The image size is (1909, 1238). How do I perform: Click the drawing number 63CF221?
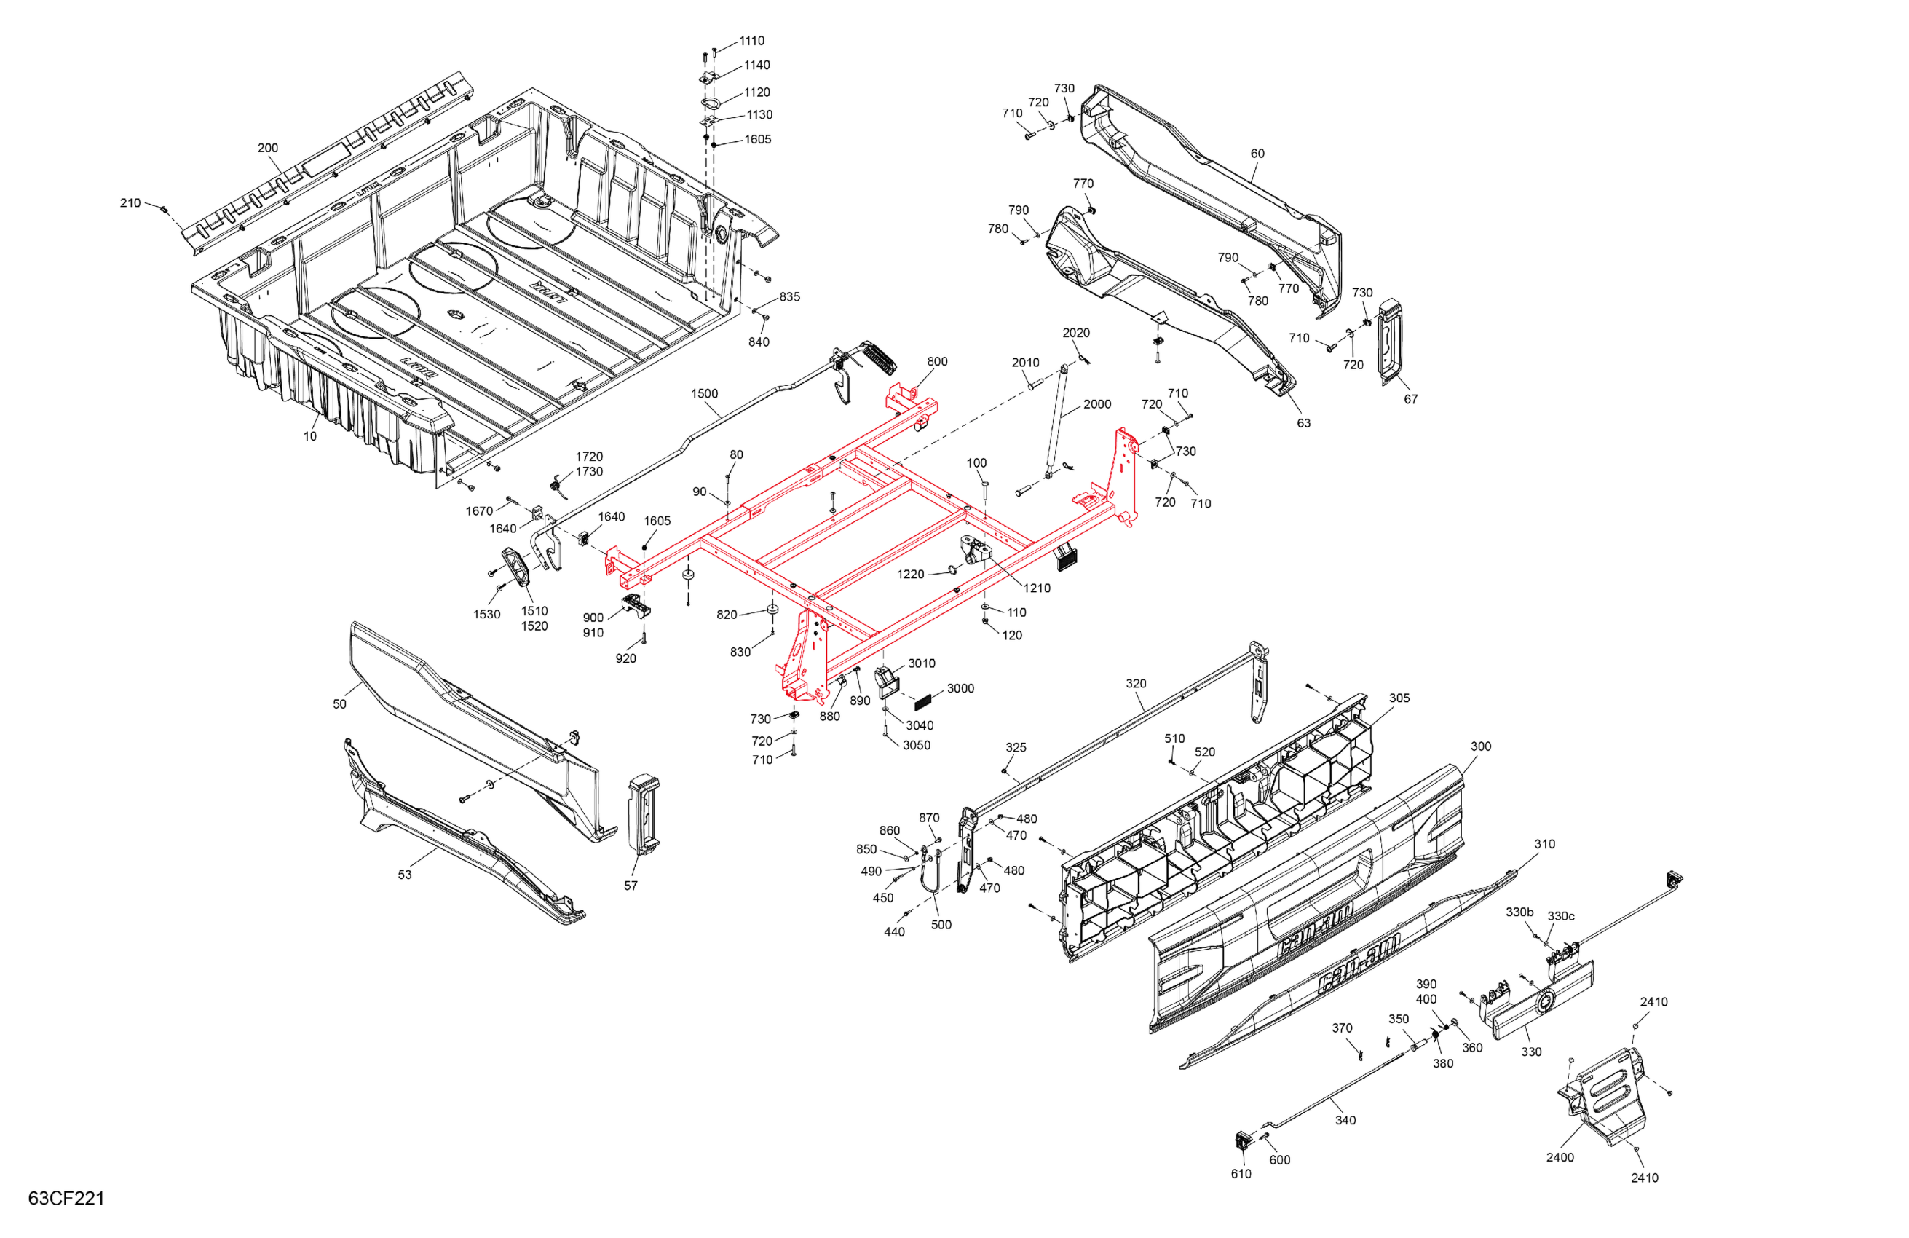pos(66,1198)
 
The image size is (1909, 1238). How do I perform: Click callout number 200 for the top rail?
pos(268,149)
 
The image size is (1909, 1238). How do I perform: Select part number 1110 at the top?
pos(751,41)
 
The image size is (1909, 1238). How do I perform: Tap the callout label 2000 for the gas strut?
pos(1096,404)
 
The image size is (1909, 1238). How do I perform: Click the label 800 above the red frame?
pos(937,362)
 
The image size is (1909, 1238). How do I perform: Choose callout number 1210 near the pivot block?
pos(1036,588)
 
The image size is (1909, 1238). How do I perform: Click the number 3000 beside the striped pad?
pos(960,688)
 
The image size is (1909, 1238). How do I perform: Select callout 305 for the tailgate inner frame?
pos(1399,698)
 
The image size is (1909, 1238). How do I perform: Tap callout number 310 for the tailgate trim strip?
pos(1544,844)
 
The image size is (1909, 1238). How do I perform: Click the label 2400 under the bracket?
pos(1560,1157)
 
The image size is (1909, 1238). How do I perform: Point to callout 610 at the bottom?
pos(1241,1174)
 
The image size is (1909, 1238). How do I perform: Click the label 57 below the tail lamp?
pos(631,886)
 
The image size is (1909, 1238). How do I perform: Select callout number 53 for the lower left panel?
pos(405,875)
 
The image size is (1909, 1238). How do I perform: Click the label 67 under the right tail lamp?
pos(1410,399)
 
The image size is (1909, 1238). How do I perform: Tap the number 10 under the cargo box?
pos(309,436)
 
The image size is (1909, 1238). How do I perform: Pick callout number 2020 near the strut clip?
pos(1075,333)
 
